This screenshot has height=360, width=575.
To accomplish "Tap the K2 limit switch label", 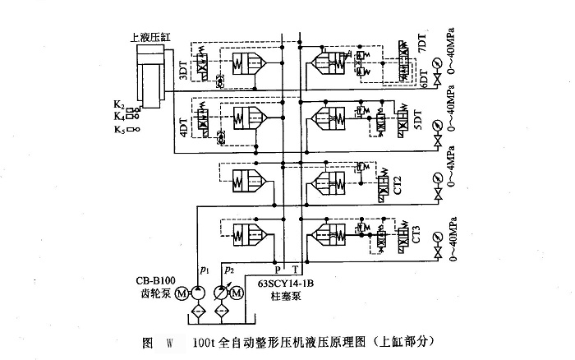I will click(119, 106).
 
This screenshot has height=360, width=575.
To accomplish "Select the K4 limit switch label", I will click(119, 117).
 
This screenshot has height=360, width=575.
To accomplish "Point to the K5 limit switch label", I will click(119, 130).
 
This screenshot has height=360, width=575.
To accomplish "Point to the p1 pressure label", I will click(203, 269).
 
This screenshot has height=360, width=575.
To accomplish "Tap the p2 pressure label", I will click(231, 269).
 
